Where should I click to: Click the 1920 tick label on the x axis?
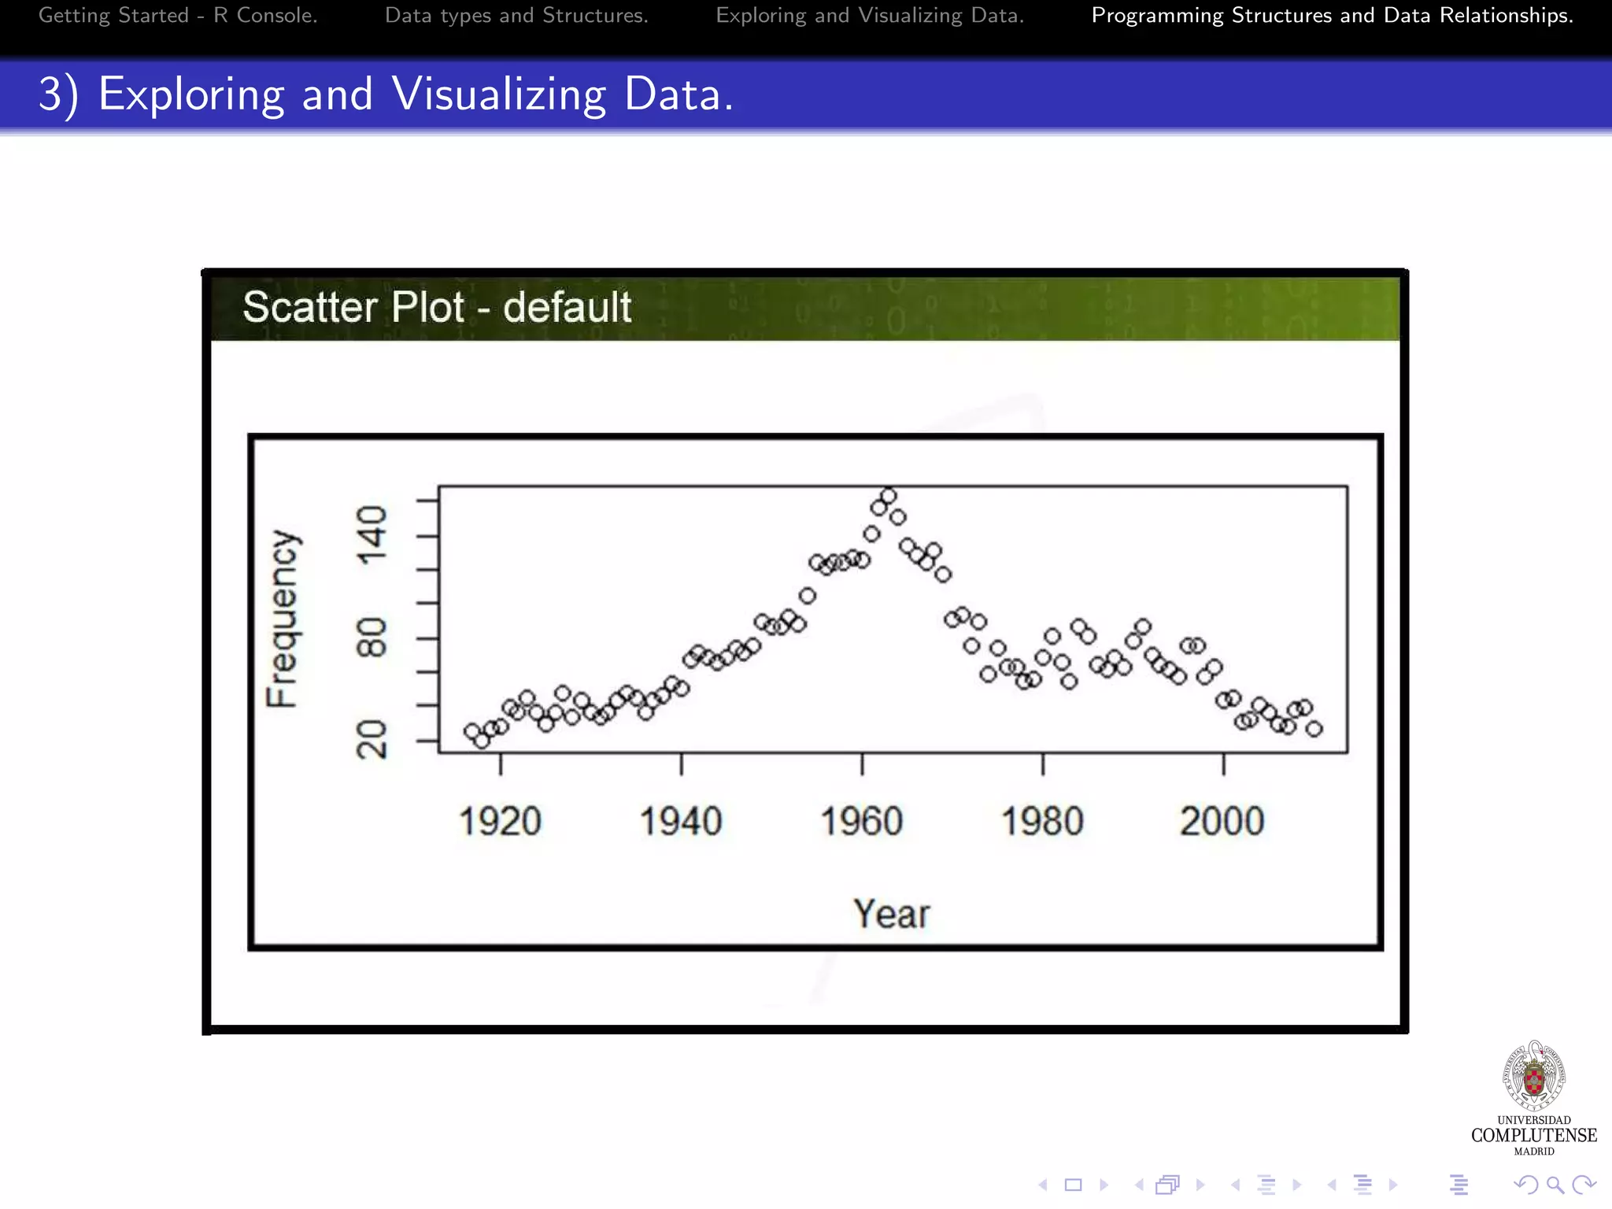coord(500,822)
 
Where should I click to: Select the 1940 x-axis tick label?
coord(681,822)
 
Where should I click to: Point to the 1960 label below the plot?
coord(861,822)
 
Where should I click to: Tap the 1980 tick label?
coord(1042,822)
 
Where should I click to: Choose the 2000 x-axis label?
coord(1222,822)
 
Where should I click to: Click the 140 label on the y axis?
coord(372,536)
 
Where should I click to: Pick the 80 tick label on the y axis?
coord(372,638)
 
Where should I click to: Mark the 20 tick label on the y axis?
coord(372,740)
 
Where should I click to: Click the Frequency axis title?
coord(282,619)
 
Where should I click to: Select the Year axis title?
coord(892,914)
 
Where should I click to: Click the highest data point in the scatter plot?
coord(889,496)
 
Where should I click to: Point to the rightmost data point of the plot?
coord(1314,729)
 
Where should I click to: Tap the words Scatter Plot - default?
coord(437,307)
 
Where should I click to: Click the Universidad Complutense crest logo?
coord(1534,1076)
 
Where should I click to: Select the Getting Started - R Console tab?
coord(178,16)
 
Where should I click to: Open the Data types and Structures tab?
coord(516,16)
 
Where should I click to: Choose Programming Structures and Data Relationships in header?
coord(1332,16)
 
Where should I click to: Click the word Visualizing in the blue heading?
coord(499,94)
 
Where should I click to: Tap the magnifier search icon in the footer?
coord(1555,1185)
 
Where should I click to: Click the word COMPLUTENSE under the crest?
coord(1534,1135)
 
